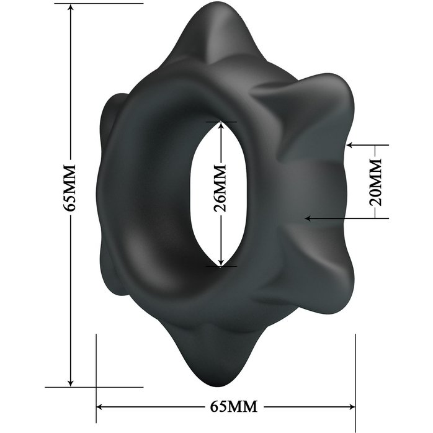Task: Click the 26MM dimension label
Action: [x=220, y=189]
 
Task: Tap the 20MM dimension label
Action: [x=375, y=182]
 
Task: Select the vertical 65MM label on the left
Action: [x=69, y=188]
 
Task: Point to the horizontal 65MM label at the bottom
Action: [x=234, y=406]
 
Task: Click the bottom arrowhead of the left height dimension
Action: [x=71, y=383]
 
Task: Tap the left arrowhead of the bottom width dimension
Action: [x=99, y=407]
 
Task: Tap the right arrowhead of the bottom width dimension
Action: [x=352, y=407]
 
